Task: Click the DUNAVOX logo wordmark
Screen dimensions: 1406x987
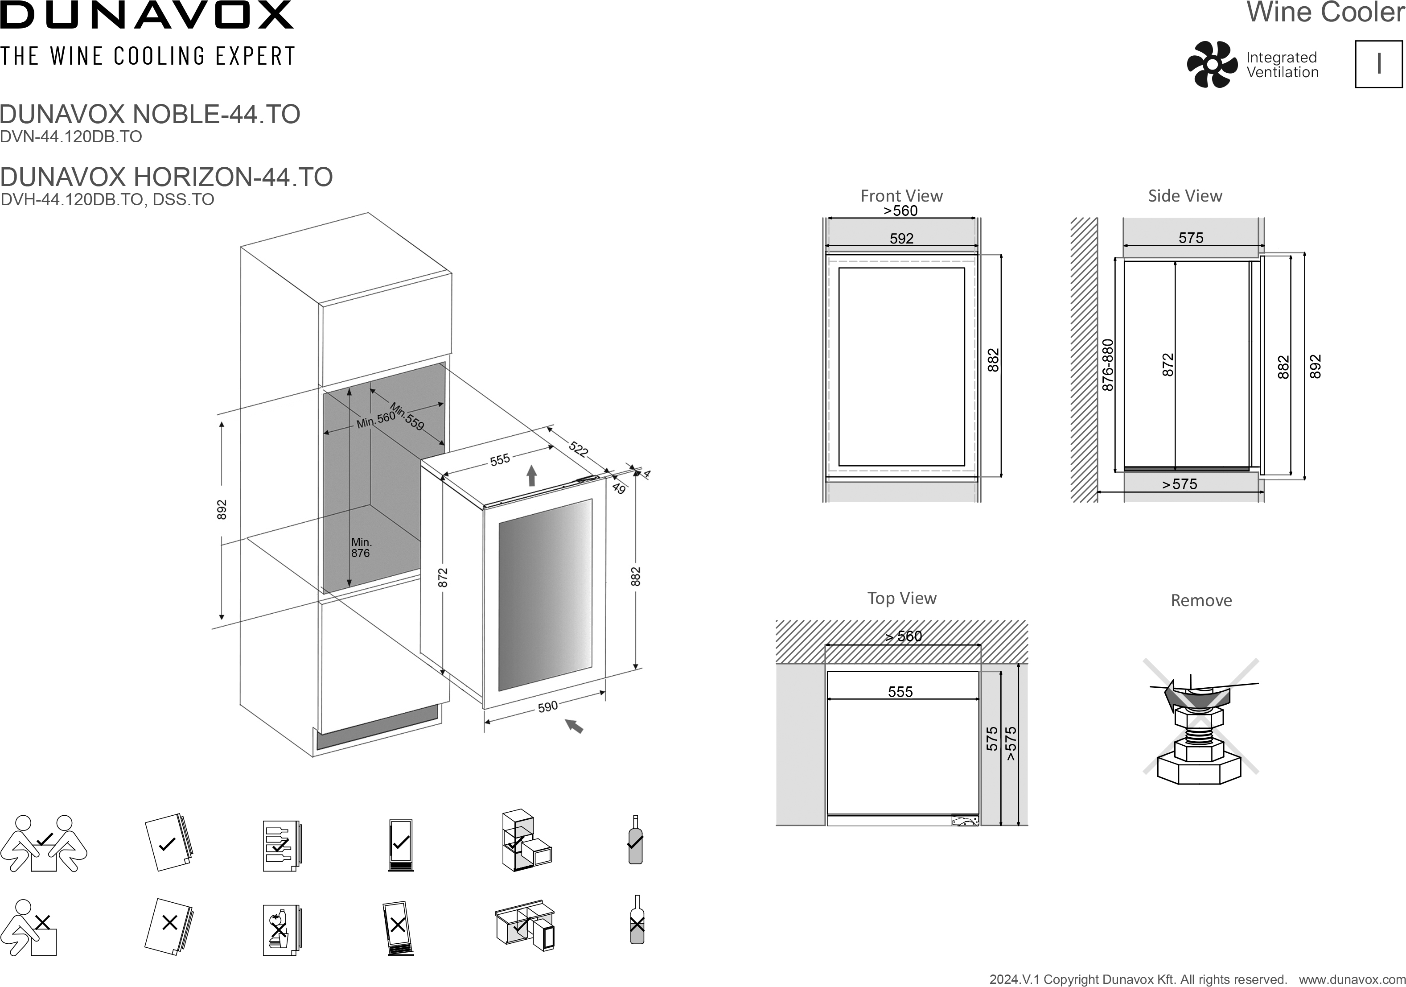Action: [147, 15]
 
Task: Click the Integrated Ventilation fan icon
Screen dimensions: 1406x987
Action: [1212, 64]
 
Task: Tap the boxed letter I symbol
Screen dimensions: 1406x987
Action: [1378, 64]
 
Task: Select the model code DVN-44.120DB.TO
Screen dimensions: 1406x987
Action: [71, 136]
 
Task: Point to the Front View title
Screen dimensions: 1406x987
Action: [901, 196]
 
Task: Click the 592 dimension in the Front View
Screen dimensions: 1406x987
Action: [901, 238]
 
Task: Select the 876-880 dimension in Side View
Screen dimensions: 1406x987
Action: [1108, 365]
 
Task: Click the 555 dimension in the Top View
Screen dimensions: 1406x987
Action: [900, 692]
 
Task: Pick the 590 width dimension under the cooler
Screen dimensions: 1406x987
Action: [547, 706]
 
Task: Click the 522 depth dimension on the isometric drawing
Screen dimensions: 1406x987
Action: [579, 449]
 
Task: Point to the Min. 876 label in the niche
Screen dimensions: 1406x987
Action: [361, 547]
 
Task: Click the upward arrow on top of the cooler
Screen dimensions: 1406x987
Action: [531, 476]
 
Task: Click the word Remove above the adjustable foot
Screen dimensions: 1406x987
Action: [1201, 600]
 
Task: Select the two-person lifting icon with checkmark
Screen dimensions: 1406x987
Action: [44, 843]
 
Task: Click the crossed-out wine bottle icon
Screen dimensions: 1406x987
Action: [637, 920]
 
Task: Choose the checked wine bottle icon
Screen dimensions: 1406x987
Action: [636, 839]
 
